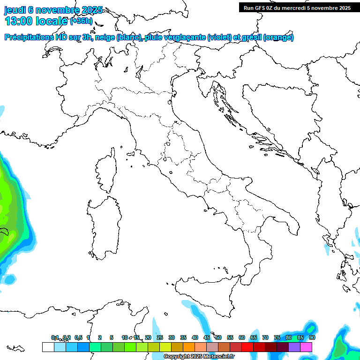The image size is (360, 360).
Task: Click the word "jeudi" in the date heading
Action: coord(15,10)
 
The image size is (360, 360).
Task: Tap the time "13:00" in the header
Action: coord(18,21)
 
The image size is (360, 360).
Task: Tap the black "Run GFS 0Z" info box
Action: coord(297,7)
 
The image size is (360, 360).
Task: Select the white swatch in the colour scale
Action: coord(48,347)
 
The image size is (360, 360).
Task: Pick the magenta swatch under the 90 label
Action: coord(307,347)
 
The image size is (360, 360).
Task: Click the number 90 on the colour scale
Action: coord(312,337)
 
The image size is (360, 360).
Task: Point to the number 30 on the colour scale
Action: coord(172,337)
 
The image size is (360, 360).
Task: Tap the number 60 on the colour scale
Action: coord(242,337)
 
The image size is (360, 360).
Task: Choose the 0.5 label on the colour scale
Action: coord(78,337)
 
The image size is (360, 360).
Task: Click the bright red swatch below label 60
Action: coord(247,347)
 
